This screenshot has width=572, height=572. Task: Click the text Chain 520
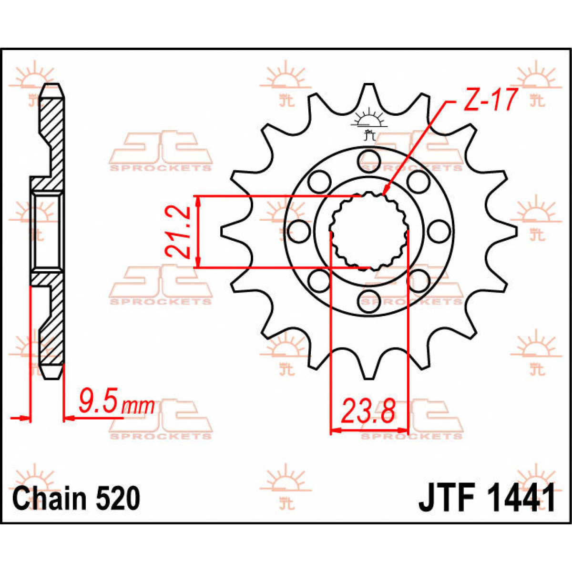click(x=76, y=499)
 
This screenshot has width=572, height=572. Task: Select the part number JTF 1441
click(x=487, y=499)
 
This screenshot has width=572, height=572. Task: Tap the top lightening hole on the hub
click(x=368, y=158)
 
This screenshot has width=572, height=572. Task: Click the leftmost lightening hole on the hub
click(x=298, y=231)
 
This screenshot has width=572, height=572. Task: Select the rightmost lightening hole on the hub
click(x=439, y=231)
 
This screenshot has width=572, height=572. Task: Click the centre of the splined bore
click(x=368, y=231)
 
